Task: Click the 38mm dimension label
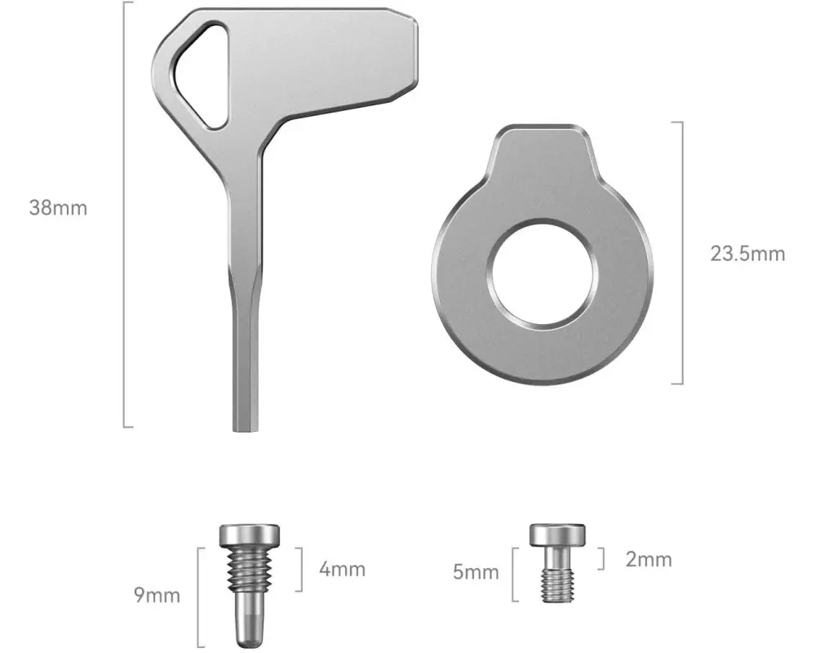coord(58,208)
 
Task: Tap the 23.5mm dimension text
coord(747,254)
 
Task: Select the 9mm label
coord(157,595)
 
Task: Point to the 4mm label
coord(342,569)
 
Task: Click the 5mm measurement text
coord(476,571)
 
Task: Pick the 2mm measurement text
coord(649,559)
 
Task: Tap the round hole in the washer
coord(541,274)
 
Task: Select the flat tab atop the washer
coord(542,151)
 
